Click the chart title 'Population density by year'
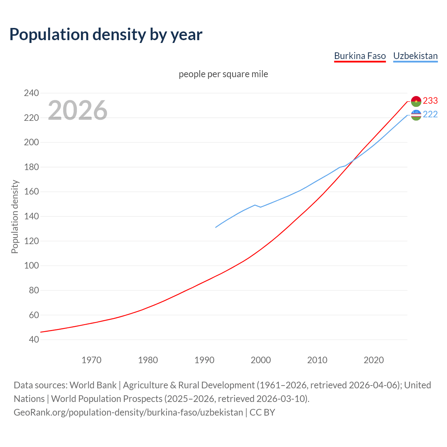click(106, 34)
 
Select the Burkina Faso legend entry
click(360, 56)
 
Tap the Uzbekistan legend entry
click(415, 56)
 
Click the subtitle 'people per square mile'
click(223, 74)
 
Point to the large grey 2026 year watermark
click(78, 110)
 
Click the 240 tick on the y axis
click(31, 93)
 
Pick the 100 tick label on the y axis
click(31, 265)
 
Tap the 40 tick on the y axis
click(34, 339)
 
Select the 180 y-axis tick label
click(31, 167)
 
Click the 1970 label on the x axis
click(91, 360)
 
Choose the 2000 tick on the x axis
click(261, 360)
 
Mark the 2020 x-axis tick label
click(374, 360)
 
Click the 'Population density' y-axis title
click(15, 217)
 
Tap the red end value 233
click(430, 101)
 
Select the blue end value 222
click(430, 115)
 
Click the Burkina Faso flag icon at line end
click(416, 101)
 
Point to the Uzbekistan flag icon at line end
click(416, 115)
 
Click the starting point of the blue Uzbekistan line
click(216, 227)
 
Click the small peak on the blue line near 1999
click(255, 205)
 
